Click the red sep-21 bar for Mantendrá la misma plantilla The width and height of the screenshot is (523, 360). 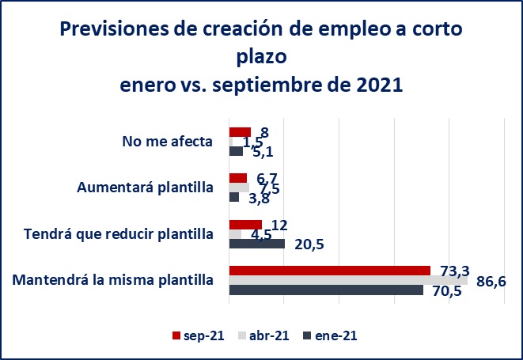click(x=329, y=270)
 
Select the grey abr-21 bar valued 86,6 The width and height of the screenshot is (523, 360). click(x=348, y=280)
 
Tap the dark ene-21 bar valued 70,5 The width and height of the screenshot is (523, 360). click(x=326, y=290)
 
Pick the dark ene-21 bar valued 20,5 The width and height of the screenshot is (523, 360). click(x=256, y=244)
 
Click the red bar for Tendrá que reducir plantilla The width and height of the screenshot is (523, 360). click(x=245, y=224)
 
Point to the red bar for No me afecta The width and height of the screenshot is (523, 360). click(x=240, y=132)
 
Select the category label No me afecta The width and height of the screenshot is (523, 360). click(x=167, y=142)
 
